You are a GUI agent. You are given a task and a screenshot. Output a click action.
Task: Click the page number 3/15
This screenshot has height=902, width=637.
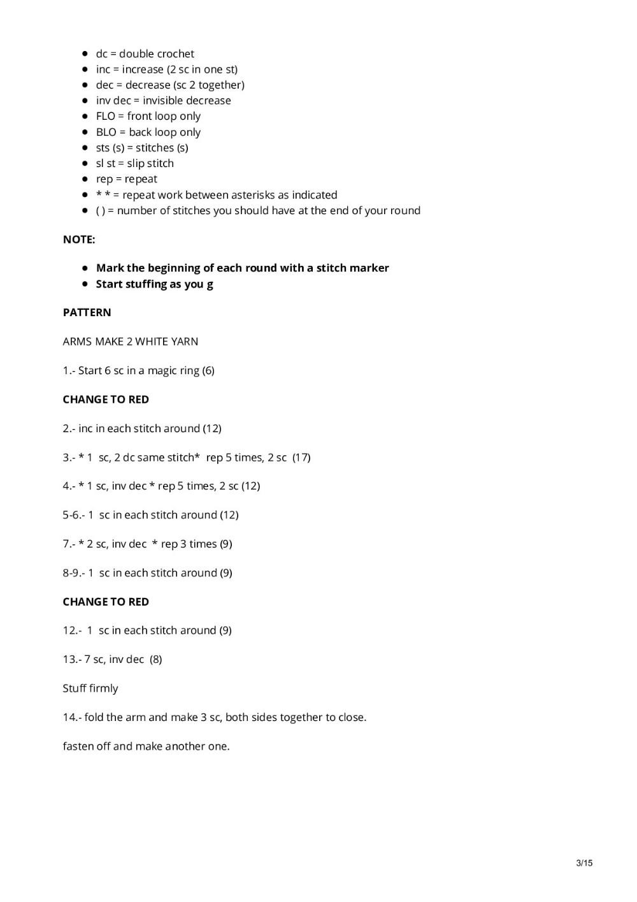click(x=583, y=863)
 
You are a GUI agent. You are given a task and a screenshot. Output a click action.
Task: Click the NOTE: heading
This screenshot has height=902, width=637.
click(x=79, y=240)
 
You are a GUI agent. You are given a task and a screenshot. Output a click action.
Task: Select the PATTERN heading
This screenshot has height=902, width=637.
click(x=87, y=312)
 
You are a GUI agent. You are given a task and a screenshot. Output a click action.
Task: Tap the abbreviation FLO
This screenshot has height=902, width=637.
click(x=106, y=116)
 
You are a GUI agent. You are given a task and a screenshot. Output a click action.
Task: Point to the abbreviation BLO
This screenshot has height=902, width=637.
click(x=106, y=132)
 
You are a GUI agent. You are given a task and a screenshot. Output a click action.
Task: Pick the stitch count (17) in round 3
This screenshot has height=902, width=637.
click(x=301, y=457)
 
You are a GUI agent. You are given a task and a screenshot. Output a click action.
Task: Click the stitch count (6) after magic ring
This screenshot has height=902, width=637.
click(x=208, y=370)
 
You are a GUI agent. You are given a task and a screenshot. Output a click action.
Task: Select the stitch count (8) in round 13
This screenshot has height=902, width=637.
click(x=156, y=659)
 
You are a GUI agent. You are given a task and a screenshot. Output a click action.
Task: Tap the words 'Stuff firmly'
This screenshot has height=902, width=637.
click(x=90, y=688)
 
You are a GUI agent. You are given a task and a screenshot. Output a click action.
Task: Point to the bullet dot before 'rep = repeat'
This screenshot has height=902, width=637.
click(x=85, y=179)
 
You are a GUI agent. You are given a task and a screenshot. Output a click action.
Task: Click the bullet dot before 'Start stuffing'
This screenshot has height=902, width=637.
click(x=85, y=284)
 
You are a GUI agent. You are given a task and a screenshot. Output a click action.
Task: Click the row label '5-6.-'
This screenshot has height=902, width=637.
click(x=73, y=515)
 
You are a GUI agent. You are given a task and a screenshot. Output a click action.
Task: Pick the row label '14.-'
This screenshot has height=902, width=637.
click(x=72, y=717)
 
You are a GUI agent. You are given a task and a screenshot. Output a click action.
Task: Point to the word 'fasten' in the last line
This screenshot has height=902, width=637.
click(x=78, y=746)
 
